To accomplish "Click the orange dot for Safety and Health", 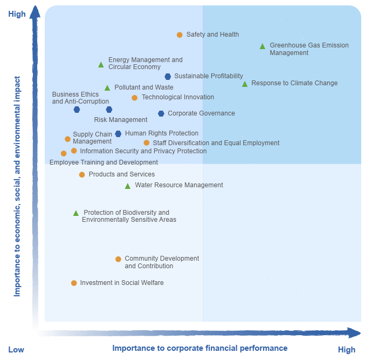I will pos(180,35).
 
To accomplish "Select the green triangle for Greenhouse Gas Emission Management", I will pos(263,46).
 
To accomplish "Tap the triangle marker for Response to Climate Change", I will pos(245,84).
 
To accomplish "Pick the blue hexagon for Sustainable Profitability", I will pos(168,77).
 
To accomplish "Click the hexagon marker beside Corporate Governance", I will pos(161,113).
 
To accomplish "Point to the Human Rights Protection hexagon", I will pos(118,134).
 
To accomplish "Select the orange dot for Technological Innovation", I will pos(135,98).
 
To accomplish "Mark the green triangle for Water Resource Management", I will pos(128,186).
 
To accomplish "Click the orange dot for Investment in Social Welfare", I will pos(74,283).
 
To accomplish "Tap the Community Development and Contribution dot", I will pos(118,259).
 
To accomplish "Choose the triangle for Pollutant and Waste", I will pos(107,88).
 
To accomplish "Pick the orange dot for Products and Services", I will pos(82,174).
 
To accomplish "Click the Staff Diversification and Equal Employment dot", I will pos(146,143).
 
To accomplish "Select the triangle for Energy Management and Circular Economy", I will pos(101,65).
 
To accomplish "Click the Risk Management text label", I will pos(121,120).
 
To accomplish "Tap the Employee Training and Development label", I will pos(104,162).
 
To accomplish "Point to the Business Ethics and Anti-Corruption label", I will pos(80,98).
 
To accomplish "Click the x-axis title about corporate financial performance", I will pos(199,348).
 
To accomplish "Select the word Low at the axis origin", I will pos(16,350).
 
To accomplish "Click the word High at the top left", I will pos(17,14).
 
